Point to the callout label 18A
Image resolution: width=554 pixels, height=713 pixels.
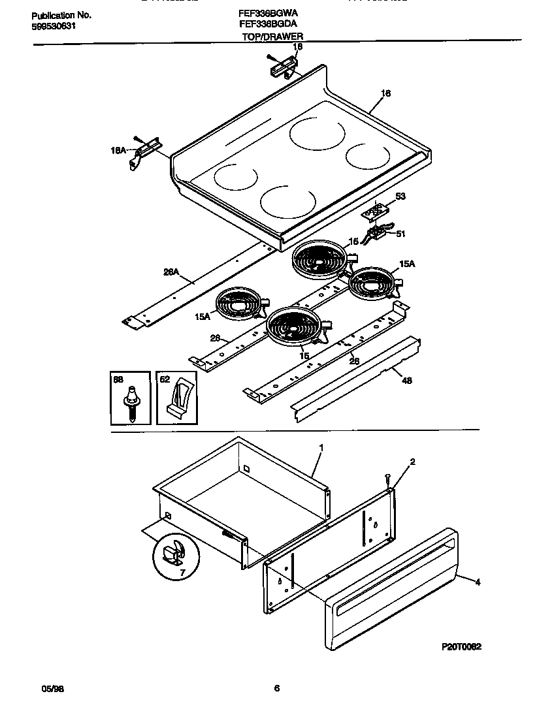(x=118, y=150)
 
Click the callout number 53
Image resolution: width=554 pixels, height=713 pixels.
(x=400, y=195)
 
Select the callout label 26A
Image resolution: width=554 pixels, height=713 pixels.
(x=170, y=274)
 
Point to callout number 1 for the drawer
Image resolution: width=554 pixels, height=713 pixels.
(x=321, y=448)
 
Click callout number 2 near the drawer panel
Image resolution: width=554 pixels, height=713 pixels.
(x=412, y=462)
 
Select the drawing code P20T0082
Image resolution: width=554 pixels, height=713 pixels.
(x=461, y=646)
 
